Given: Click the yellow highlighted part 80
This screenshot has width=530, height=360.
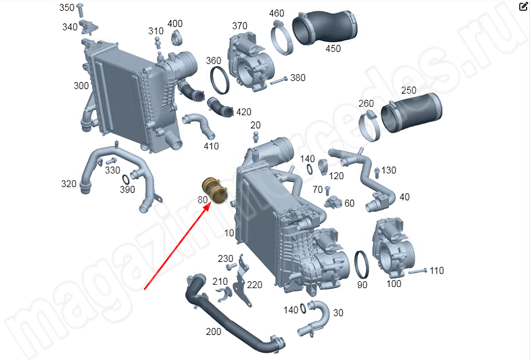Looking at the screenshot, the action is pyautogui.click(x=215, y=190).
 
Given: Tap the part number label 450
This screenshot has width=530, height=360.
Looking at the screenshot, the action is pyautogui.click(x=333, y=49).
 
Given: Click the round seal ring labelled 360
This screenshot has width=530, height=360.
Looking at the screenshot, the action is pyautogui.click(x=220, y=80).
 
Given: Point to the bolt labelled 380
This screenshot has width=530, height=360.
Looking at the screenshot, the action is pyautogui.click(x=279, y=80).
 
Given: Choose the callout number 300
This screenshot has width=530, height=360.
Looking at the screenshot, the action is pyautogui.click(x=81, y=86).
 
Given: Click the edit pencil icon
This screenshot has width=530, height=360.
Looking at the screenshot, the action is pyautogui.click(x=523, y=6).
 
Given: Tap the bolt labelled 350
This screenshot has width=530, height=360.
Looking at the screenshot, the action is pyautogui.click(x=80, y=9).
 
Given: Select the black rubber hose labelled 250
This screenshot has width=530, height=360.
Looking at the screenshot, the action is pyautogui.click(x=411, y=112).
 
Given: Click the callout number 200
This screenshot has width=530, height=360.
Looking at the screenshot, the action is pyautogui.click(x=214, y=331).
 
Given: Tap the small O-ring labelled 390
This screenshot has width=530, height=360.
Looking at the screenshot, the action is pyautogui.click(x=125, y=179).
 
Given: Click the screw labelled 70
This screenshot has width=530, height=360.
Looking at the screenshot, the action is pyautogui.click(x=327, y=190).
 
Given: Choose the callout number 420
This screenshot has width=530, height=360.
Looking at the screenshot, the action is pyautogui.click(x=244, y=112).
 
